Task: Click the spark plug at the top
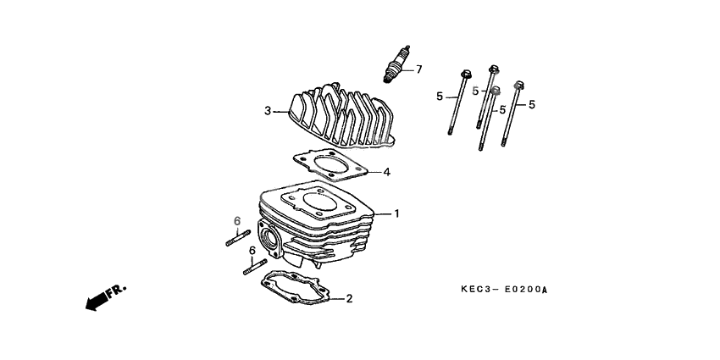396,65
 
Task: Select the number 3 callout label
268,111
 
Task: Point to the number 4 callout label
386,173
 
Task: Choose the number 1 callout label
396,213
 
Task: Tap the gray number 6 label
237,222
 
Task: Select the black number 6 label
252,250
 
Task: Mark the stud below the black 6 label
254,268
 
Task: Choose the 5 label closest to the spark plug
440,97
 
